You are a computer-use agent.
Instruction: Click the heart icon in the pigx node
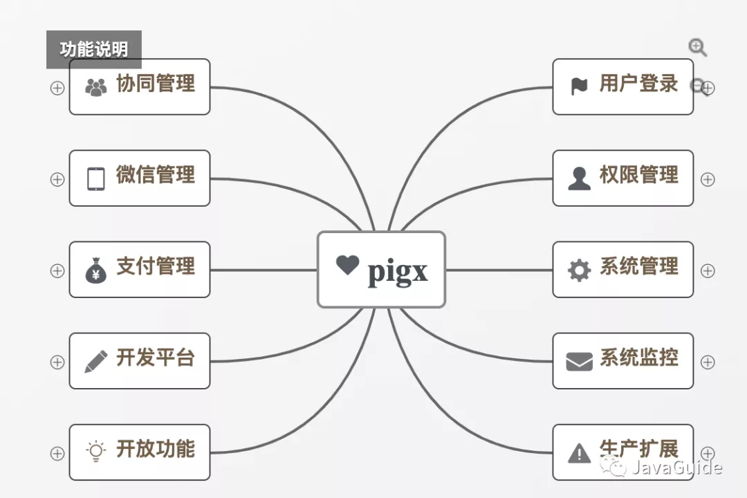pos(347,264)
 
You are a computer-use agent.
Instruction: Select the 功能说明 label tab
pos(94,50)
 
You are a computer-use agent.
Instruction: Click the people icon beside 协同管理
pos(95,87)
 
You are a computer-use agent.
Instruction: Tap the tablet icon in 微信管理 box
pos(95,178)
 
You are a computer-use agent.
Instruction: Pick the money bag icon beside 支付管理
pos(95,270)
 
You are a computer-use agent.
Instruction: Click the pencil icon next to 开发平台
pos(95,361)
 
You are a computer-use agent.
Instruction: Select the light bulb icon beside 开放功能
pos(95,452)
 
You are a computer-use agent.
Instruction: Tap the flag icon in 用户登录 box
pos(579,86)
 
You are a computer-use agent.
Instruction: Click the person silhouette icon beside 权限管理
pos(579,178)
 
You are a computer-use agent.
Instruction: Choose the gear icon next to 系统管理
pos(579,270)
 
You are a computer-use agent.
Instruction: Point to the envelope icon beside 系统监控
pos(579,361)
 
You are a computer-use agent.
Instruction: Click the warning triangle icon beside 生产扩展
pos(579,453)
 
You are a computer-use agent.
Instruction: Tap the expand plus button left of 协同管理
pos(57,88)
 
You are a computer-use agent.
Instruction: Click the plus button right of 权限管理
pos(708,179)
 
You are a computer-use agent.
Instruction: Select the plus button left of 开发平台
pos(57,362)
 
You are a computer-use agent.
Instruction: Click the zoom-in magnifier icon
pos(697,47)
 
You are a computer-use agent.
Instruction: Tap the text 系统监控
pos(638,358)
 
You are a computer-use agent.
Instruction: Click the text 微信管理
pos(155,175)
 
